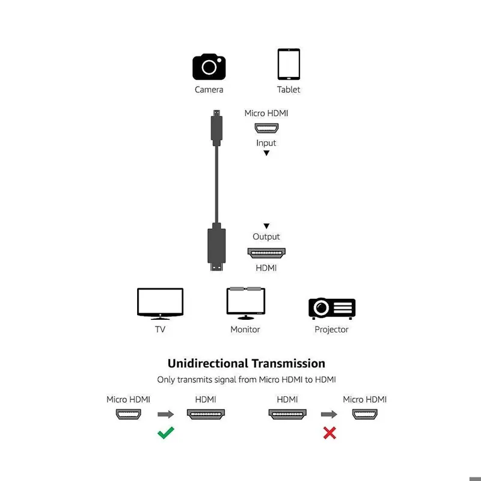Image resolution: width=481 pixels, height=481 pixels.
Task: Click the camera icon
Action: (x=209, y=67)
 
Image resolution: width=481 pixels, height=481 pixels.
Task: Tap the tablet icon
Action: (x=289, y=64)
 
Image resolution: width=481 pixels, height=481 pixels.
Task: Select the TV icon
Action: (x=160, y=303)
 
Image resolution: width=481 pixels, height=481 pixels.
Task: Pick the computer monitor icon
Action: (x=245, y=302)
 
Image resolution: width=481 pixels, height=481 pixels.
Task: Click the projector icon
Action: (x=331, y=308)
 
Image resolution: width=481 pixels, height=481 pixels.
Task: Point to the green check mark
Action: (x=166, y=432)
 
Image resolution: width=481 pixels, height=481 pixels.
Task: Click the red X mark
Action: (x=329, y=432)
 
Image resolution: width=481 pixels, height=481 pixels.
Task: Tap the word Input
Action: (x=266, y=143)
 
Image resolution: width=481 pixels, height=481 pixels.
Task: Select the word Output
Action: (x=266, y=237)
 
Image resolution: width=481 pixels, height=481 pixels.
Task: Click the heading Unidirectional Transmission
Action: (x=246, y=363)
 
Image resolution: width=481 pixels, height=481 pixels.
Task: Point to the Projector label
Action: (x=331, y=329)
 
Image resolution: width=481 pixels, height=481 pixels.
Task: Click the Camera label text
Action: (x=209, y=90)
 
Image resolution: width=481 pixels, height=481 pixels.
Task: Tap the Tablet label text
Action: (x=289, y=90)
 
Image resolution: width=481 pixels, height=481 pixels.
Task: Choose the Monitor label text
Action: (x=245, y=329)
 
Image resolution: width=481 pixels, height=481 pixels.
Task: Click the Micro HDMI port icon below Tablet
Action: (x=266, y=128)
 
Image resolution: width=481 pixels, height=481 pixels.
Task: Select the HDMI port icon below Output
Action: (x=266, y=253)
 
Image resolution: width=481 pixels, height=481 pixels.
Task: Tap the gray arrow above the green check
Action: (x=165, y=414)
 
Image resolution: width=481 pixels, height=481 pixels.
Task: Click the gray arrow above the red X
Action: (x=329, y=414)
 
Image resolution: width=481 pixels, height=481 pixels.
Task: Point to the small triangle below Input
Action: (x=266, y=153)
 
